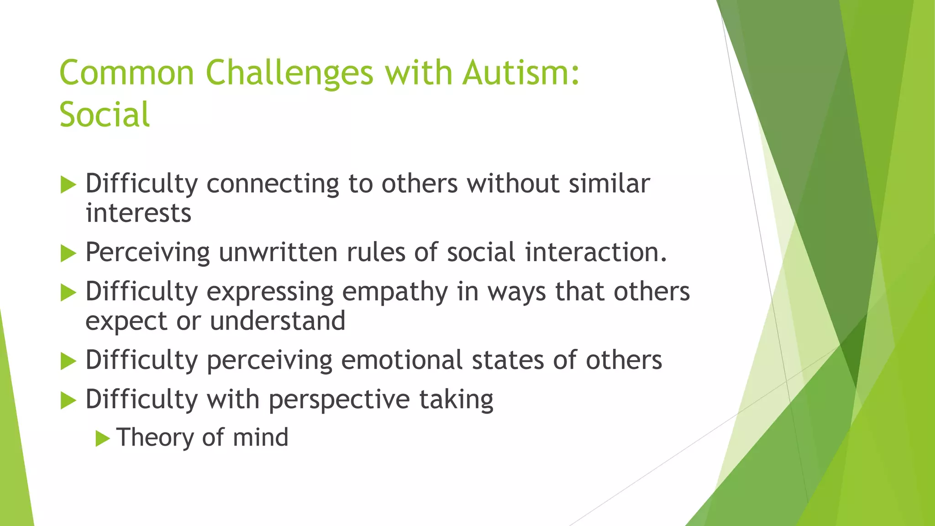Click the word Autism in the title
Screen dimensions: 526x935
[520, 73]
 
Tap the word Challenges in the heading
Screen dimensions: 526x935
[289, 73]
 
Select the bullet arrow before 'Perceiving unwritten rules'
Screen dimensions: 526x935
[68, 253]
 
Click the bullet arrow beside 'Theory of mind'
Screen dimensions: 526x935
[103, 439]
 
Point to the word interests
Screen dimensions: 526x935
[138, 213]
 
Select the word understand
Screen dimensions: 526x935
[278, 321]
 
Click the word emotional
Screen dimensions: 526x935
[402, 360]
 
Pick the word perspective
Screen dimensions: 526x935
[339, 400]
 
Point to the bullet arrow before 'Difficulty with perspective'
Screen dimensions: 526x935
[68, 401]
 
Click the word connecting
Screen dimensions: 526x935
[273, 184]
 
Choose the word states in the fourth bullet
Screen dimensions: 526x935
[508, 360]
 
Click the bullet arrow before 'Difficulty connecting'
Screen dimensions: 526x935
[68, 185]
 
